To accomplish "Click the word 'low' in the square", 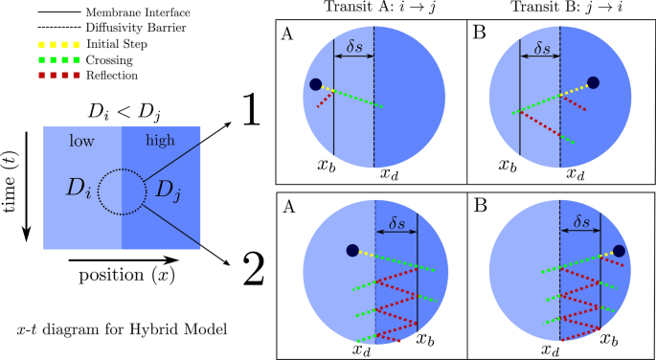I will [83, 141].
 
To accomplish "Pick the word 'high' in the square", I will [160, 141].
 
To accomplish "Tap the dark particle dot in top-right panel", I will [594, 83].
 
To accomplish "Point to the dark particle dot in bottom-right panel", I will [619, 251].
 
